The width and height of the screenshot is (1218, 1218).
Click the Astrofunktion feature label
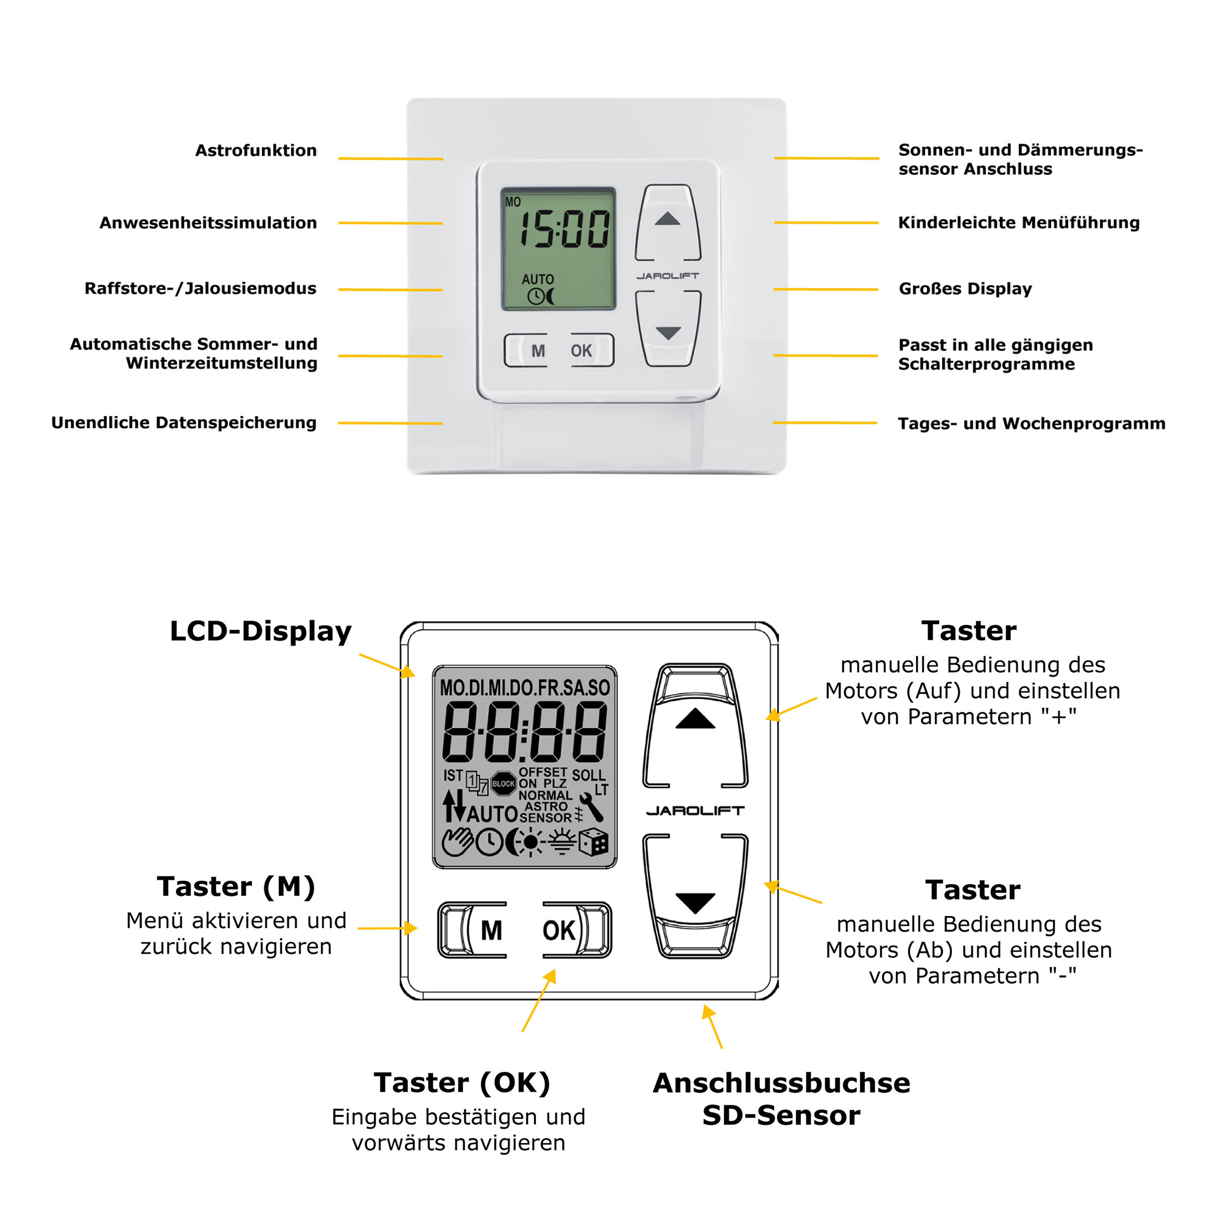coord(255,150)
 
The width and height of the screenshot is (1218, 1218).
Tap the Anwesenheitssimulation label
coord(208,222)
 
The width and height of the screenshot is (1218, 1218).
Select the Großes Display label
coord(965,289)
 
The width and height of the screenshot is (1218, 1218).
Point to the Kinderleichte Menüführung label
coord(1019,222)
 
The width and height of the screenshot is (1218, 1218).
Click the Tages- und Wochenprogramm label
coord(1032,424)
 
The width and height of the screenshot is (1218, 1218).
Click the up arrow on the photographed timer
coord(667,219)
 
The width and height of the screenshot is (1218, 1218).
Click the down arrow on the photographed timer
coord(667,333)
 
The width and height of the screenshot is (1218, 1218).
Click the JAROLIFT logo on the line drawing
coord(695,811)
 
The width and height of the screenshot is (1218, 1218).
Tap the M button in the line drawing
coord(490,931)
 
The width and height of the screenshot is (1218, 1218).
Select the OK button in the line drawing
coord(558,931)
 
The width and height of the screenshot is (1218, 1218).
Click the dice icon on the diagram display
coord(593,842)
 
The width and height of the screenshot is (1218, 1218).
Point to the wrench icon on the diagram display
coord(591,807)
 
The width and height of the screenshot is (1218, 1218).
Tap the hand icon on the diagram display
coord(456,842)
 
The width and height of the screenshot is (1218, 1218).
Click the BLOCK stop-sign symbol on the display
coord(503,784)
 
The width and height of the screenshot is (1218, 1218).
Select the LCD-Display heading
coord(261,631)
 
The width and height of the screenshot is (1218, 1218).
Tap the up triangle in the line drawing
coord(695,719)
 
